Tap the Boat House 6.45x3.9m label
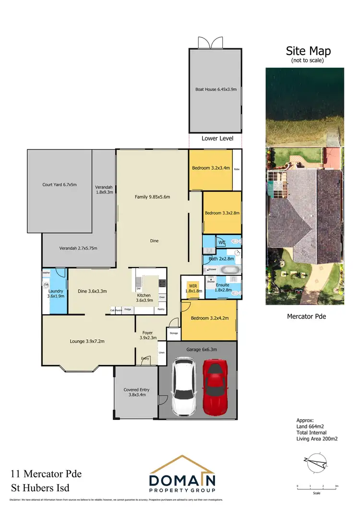(215, 89)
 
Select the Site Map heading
(308, 51)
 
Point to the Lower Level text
(217, 139)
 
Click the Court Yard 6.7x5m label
(60, 184)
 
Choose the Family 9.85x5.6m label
(152, 197)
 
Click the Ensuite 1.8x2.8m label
(223, 287)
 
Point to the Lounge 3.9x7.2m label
(87, 342)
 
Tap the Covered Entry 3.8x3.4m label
(136, 392)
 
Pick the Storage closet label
(173, 333)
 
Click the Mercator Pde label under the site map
(306, 317)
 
